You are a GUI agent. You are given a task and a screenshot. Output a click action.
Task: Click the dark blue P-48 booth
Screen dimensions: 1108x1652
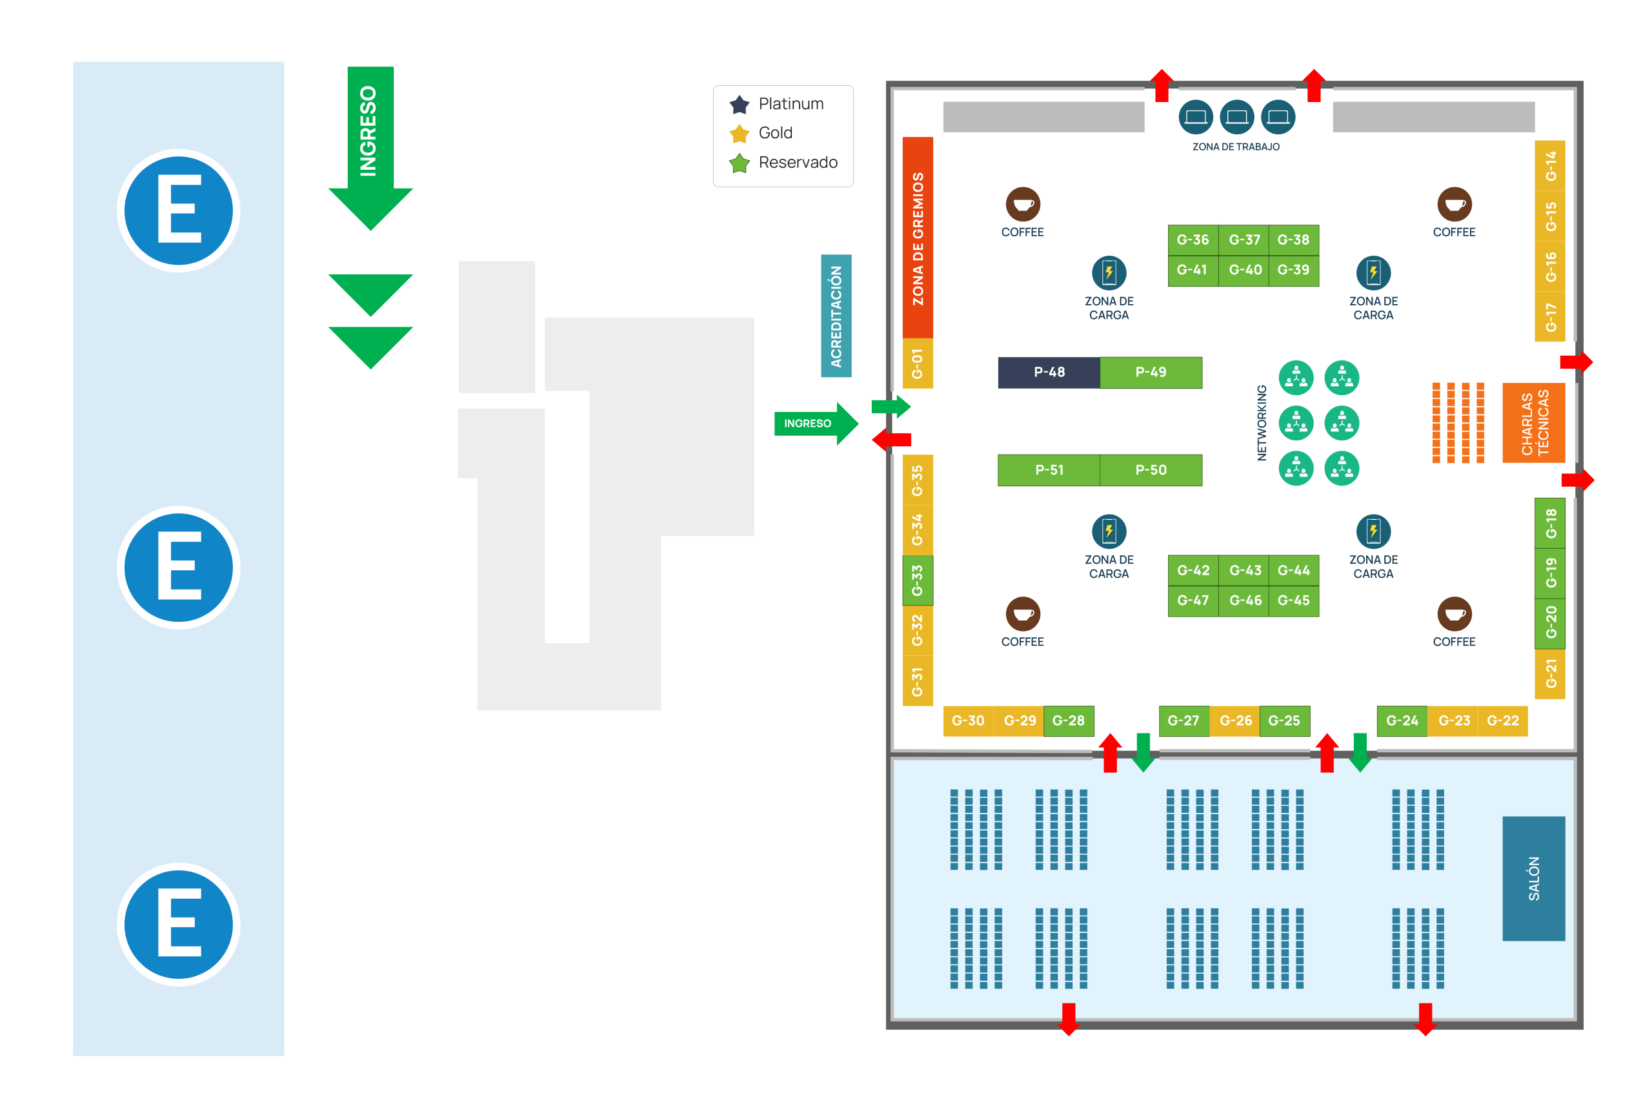pyautogui.click(x=1049, y=373)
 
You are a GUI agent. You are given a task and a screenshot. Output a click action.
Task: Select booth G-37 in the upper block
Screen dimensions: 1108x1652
pyautogui.click(x=1244, y=240)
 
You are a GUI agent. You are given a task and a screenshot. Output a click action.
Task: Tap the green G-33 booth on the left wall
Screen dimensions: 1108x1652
pyautogui.click(x=918, y=580)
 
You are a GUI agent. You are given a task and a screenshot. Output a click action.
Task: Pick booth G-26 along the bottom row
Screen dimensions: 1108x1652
pyautogui.click(x=1235, y=721)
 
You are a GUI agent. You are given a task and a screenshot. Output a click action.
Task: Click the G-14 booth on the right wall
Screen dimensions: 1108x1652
pyautogui.click(x=1550, y=166)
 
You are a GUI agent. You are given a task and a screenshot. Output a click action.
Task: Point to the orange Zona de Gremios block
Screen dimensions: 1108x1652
pyautogui.click(x=918, y=238)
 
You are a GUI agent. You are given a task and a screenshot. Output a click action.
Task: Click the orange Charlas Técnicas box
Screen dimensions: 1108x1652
pyautogui.click(x=1534, y=422)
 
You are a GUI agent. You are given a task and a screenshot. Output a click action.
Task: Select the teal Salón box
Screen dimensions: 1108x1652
pyautogui.click(x=1533, y=878)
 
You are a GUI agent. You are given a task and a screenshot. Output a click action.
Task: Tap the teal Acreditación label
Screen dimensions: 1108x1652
pyautogui.click(x=836, y=316)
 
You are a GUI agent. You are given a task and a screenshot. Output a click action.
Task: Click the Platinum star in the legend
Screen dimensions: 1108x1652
pyautogui.click(x=740, y=105)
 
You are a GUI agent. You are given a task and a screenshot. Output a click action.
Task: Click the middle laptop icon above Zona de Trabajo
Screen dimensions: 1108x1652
pyautogui.click(x=1236, y=117)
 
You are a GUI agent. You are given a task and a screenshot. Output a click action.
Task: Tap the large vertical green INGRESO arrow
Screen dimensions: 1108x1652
pyautogui.click(x=370, y=141)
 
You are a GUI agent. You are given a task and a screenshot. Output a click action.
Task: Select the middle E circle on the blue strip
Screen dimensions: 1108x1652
pyautogui.click(x=179, y=568)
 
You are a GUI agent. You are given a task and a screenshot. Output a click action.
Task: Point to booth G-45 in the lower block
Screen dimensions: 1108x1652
pyautogui.click(x=1293, y=600)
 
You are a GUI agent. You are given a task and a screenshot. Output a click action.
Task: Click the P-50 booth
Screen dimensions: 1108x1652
pyautogui.click(x=1151, y=470)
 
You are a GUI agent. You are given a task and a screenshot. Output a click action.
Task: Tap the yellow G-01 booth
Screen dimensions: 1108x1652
pyautogui.click(x=918, y=364)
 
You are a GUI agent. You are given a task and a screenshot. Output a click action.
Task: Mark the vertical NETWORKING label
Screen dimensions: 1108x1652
pyautogui.click(x=1262, y=422)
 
